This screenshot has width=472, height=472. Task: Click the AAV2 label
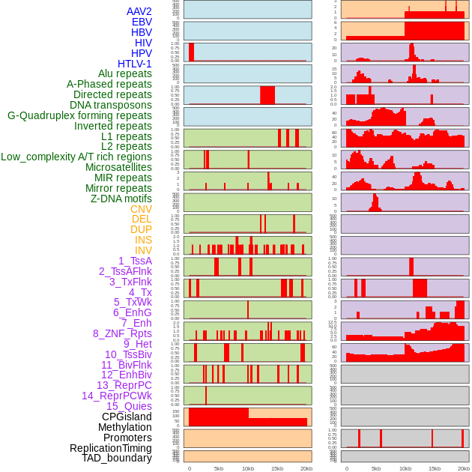[x=139, y=11]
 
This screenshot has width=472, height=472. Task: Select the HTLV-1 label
[x=134, y=64]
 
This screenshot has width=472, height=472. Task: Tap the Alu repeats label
[x=125, y=73]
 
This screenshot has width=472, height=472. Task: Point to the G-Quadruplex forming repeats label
[x=79, y=115]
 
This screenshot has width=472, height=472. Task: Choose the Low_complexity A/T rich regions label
[x=76, y=157]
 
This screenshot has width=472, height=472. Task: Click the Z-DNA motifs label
[x=121, y=199]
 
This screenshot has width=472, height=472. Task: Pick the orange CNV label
[x=141, y=209]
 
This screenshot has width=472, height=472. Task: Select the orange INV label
[x=143, y=250]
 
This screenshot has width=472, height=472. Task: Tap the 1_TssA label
[x=135, y=261]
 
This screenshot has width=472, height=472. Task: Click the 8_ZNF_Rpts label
[x=122, y=333]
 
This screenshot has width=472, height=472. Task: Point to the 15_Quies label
[x=128, y=406]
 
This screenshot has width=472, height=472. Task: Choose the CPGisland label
[x=127, y=417]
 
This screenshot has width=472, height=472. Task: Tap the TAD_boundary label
[x=116, y=458]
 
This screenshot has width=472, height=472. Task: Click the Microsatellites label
[x=118, y=167]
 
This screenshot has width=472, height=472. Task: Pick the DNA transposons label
[x=111, y=105]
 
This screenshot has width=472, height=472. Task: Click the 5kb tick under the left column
[x=219, y=468]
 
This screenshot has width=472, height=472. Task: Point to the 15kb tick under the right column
[x=435, y=468]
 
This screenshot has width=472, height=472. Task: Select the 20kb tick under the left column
[x=306, y=468]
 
